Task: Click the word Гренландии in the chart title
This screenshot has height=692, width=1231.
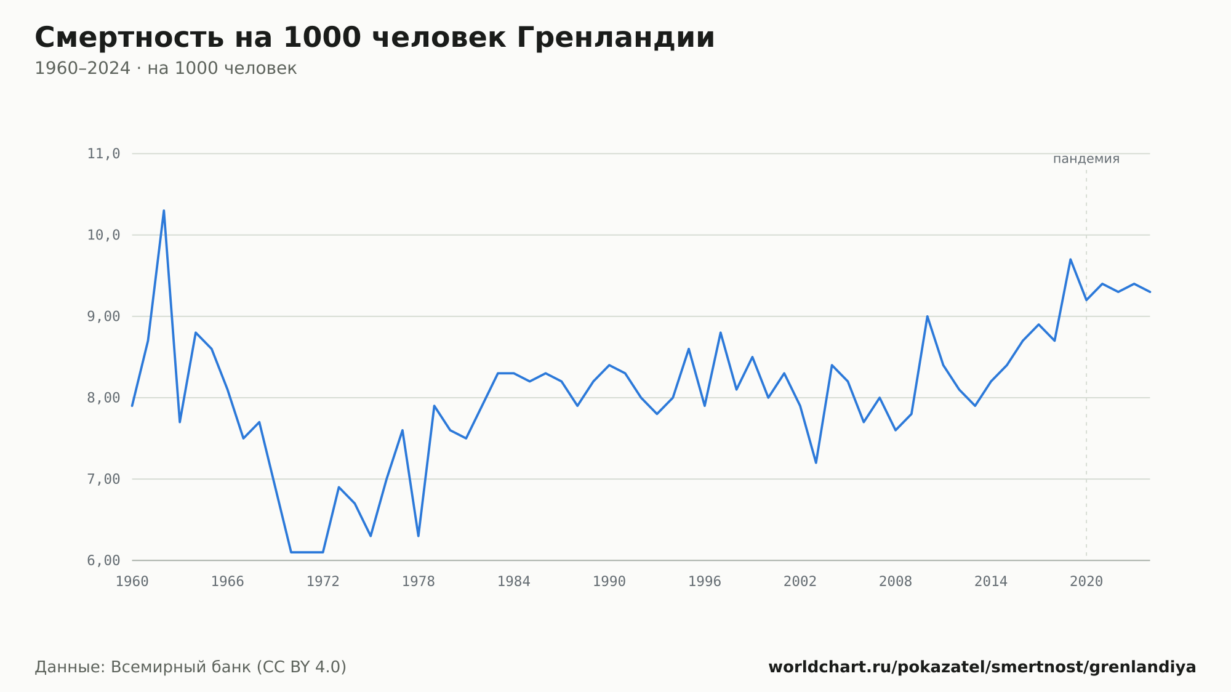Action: tap(615, 38)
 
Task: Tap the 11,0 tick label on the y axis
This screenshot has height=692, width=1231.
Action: tap(103, 154)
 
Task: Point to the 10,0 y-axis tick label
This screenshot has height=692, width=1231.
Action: tap(103, 235)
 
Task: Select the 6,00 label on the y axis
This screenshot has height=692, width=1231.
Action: tap(103, 561)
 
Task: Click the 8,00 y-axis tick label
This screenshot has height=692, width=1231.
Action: tap(103, 398)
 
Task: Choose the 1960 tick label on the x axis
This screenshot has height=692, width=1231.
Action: tap(132, 582)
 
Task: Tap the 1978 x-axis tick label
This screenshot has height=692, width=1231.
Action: tap(419, 582)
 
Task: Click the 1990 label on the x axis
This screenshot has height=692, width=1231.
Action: tap(609, 582)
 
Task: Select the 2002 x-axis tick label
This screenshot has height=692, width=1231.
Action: tap(800, 582)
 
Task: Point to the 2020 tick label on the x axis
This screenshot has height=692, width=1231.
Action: tap(1086, 582)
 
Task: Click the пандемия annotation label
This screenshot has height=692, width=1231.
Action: tap(1086, 159)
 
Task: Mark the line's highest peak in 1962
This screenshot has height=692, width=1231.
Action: tap(164, 211)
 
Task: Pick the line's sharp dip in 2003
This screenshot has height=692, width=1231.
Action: tap(816, 463)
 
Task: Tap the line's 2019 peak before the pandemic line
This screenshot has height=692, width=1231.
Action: tap(1070, 259)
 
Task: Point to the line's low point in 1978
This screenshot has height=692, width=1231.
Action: tap(419, 536)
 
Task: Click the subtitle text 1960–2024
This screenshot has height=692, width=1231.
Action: tap(82, 68)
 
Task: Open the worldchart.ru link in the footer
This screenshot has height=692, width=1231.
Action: tap(982, 667)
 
